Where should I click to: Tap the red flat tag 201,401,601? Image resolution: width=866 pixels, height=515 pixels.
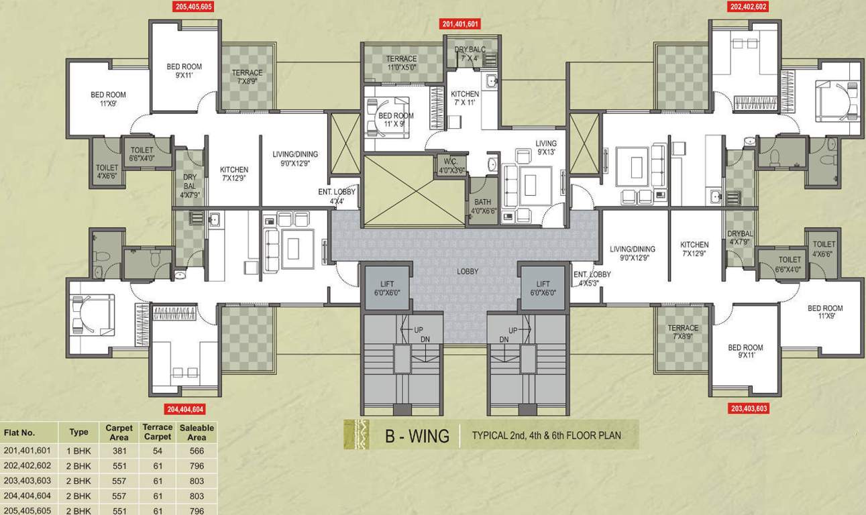[x=460, y=25]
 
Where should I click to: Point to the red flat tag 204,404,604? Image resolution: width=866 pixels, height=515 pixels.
[x=184, y=408]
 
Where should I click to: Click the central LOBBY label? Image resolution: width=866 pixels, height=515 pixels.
[x=468, y=272]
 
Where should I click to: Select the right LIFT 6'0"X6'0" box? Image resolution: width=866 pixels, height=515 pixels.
[x=543, y=288]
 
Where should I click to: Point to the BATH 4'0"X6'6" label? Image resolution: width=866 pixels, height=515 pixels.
[x=482, y=205]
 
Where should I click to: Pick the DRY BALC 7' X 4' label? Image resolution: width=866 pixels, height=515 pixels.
[x=470, y=54]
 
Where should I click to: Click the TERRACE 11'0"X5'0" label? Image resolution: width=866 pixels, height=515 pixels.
[x=401, y=63]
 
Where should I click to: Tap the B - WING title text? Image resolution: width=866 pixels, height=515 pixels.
[x=417, y=436]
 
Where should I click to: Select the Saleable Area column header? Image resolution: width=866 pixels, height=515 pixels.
[x=197, y=433]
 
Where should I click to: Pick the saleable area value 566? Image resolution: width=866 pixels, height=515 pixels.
[x=197, y=451]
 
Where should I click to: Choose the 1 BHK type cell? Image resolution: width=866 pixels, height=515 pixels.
[x=78, y=451]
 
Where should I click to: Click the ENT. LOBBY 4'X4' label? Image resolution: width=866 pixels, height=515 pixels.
[x=337, y=196]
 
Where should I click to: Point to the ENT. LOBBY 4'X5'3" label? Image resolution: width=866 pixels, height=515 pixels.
[x=592, y=278]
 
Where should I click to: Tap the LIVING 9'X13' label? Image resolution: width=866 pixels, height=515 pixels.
[x=545, y=148]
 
